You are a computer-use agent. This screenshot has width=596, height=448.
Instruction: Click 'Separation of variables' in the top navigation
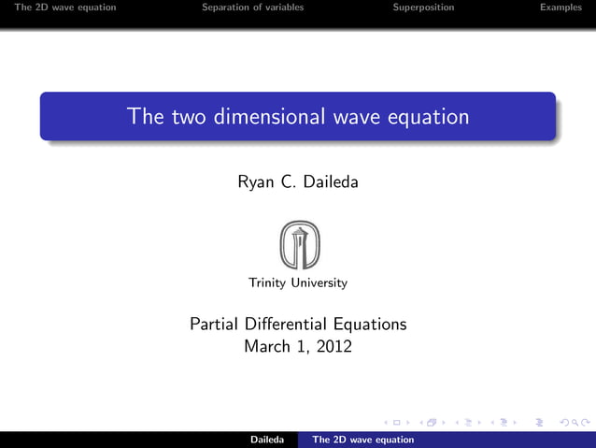pos(252,7)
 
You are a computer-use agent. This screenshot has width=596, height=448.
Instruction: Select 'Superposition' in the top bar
pos(423,7)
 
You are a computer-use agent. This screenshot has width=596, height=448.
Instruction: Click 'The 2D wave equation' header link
pos(65,7)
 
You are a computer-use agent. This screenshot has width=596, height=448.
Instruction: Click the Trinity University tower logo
pos(298,245)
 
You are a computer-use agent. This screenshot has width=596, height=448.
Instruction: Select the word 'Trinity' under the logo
pos(266,282)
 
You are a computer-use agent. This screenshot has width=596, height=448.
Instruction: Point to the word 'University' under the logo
pos(319,282)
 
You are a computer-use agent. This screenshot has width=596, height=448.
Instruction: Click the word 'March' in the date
pos(266,346)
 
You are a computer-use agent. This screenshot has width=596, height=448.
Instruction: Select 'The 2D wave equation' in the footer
pos(362,440)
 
